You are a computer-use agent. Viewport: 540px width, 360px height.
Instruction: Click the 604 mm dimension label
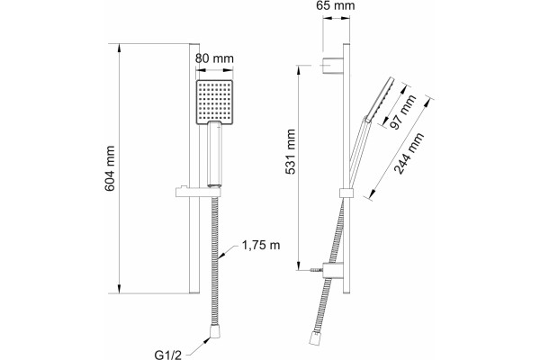[x=110, y=168]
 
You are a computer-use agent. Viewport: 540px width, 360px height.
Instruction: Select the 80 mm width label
[x=214, y=58]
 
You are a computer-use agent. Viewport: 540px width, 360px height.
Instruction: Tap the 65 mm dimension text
[x=336, y=5]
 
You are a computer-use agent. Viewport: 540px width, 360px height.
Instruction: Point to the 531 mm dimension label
[x=291, y=151]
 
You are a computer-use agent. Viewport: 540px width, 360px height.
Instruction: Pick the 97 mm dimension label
[x=403, y=112]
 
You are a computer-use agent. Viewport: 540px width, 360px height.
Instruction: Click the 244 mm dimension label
[x=409, y=153]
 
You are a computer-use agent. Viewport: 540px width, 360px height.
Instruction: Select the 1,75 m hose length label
[x=261, y=246]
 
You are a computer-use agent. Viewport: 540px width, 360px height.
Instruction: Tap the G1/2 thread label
[x=167, y=355]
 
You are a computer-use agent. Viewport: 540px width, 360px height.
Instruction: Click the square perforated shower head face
[x=214, y=103]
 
